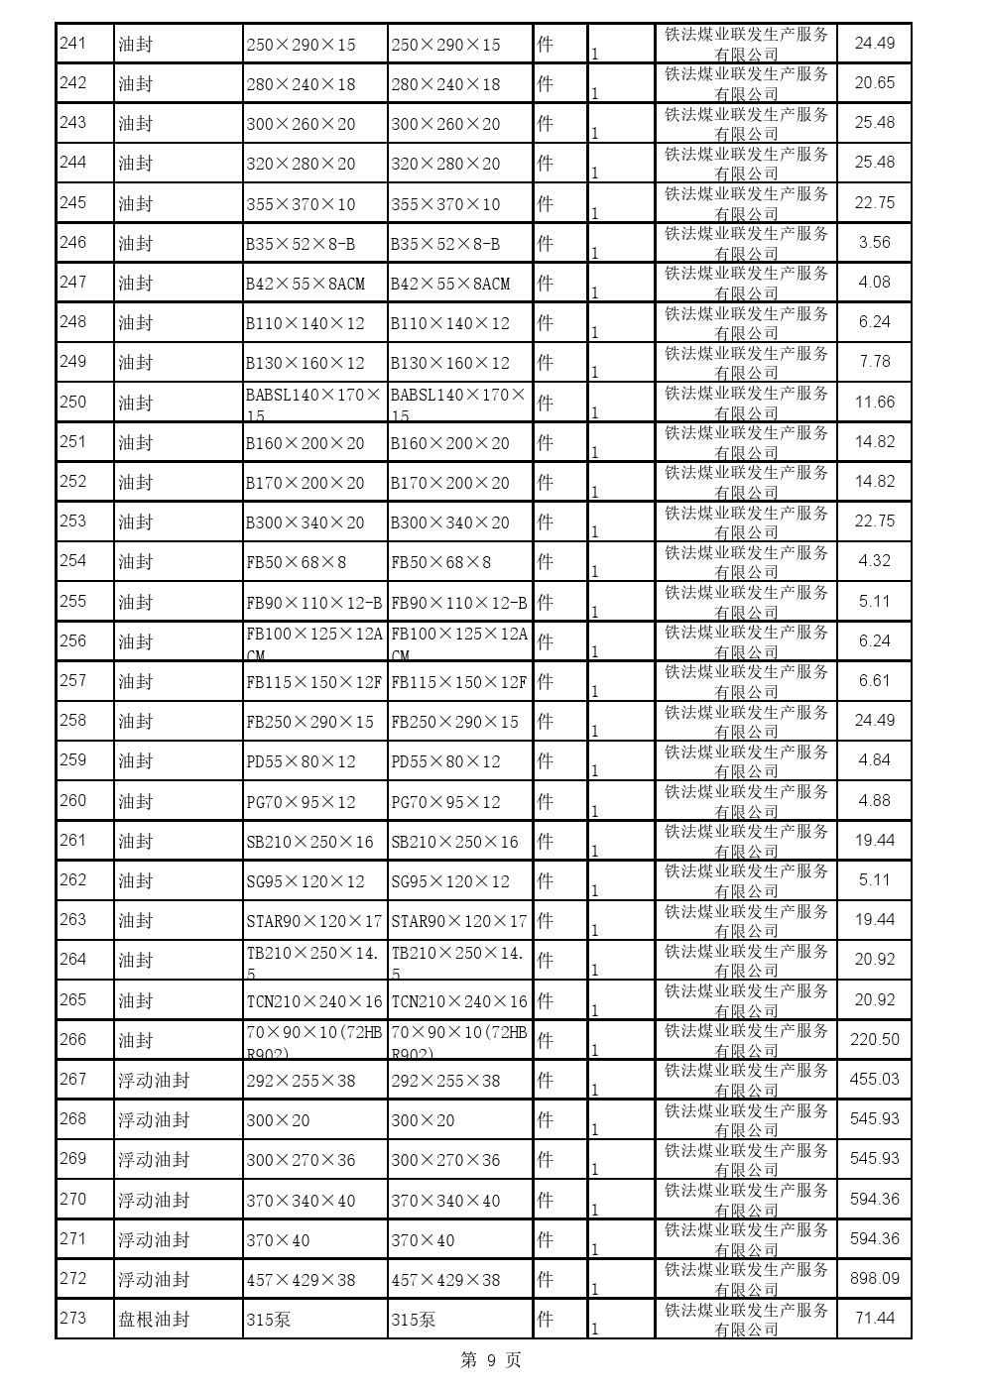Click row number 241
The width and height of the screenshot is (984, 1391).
(73, 43)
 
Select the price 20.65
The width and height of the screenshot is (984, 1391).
(874, 83)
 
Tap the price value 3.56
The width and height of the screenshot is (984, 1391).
(874, 243)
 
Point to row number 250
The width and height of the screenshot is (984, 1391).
(73, 402)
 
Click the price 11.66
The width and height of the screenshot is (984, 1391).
(874, 402)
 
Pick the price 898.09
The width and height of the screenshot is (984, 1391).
(874, 1278)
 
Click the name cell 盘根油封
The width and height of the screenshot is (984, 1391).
(154, 1319)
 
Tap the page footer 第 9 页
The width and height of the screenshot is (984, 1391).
(491, 1360)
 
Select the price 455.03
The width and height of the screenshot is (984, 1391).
(874, 1079)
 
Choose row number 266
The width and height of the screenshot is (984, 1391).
(73, 1039)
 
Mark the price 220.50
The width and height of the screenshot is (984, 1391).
(874, 1039)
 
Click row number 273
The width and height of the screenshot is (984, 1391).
(73, 1318)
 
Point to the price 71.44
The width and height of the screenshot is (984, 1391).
(874, 1318)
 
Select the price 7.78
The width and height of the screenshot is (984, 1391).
(874, 362)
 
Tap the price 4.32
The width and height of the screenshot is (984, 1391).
(874, 561)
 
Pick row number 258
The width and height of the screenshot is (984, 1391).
(73, 720)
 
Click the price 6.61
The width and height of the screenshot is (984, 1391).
(874, 680)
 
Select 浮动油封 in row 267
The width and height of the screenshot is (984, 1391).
(154, 1080)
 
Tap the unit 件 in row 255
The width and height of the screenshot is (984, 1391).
(545, 601)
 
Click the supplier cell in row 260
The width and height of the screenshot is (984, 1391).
(746, 801)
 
